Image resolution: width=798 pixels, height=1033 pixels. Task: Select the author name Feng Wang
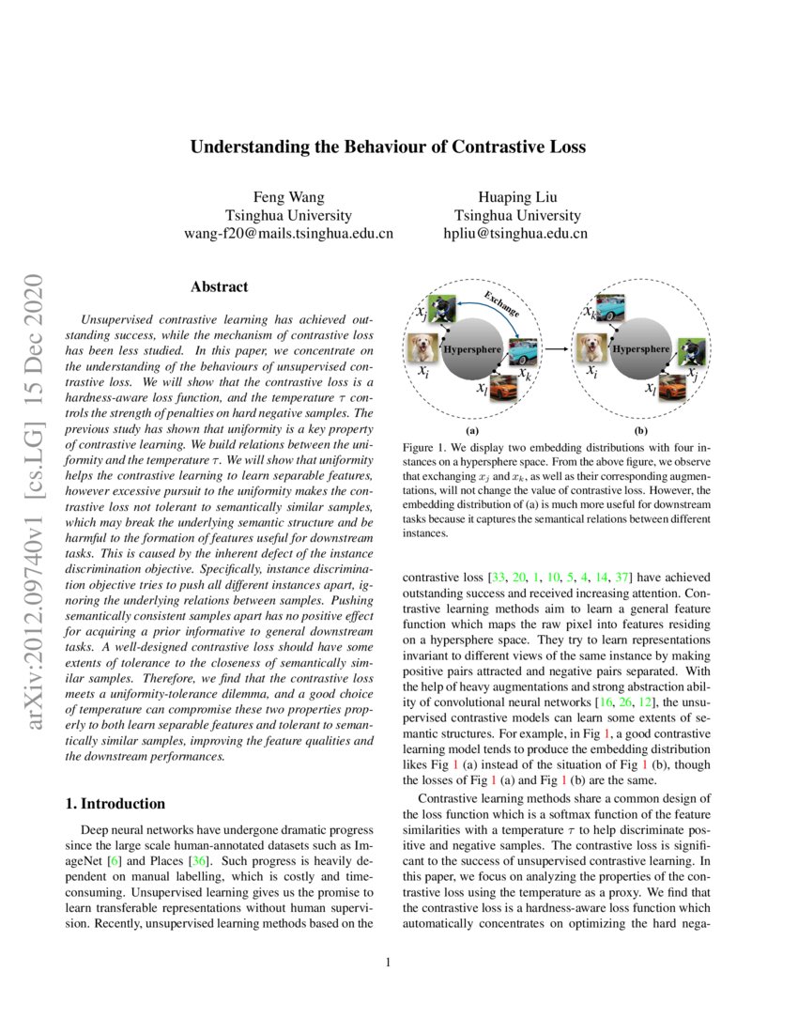tap(288, 196)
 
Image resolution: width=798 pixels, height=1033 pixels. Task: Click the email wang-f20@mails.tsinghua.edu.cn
tap(288, 233)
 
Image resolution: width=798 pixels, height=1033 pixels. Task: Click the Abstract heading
tap(219, 286)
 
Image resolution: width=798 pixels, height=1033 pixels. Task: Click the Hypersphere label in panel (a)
tap(471, 349)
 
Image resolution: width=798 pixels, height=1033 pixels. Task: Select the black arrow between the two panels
tap(558, 349)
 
